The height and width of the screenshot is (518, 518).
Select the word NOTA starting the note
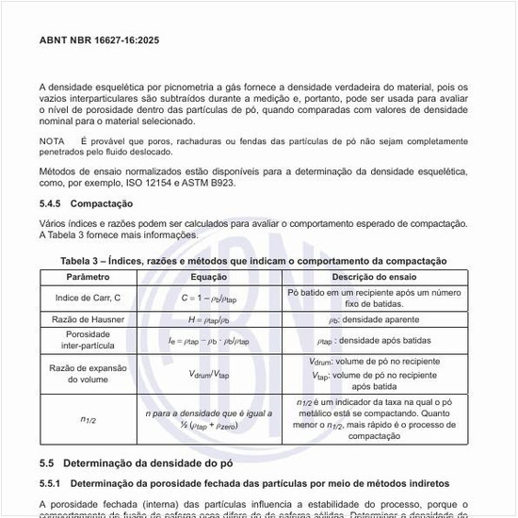(53, 140)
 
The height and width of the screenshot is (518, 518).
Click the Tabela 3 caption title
(253, 260)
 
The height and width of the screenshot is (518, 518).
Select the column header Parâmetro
(89, 278)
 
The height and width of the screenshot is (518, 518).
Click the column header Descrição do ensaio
(373, 278)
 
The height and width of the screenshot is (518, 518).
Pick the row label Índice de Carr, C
(89, 299)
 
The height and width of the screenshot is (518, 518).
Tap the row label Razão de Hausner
(89, 320)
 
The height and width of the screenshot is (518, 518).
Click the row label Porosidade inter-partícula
(89, 340)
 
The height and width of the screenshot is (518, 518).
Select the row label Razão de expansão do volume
(89, 374)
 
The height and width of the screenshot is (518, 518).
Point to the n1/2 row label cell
(89, 419)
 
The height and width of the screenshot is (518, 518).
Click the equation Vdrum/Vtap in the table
(209, 374)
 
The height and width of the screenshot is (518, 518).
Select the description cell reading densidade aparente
(373, 320)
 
